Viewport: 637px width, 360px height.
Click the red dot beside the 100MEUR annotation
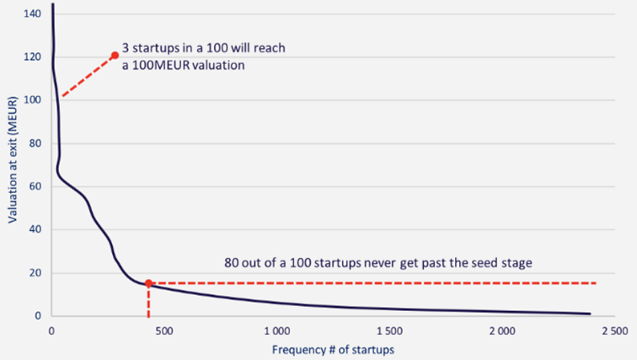point(115,56)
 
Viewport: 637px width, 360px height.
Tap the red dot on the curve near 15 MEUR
point(148,283)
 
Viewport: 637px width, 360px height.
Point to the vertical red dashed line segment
point(148,301)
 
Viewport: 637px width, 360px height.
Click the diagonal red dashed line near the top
point(88,77)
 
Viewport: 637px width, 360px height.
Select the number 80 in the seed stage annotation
point(232,262)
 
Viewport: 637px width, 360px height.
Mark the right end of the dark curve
point(590,314)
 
